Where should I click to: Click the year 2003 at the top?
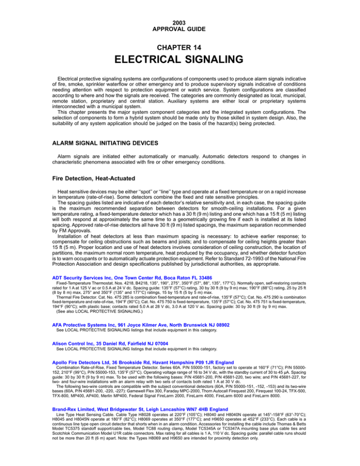(180, 22)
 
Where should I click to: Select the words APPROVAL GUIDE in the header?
(180, 29)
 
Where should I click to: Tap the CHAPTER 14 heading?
(180, 47)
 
